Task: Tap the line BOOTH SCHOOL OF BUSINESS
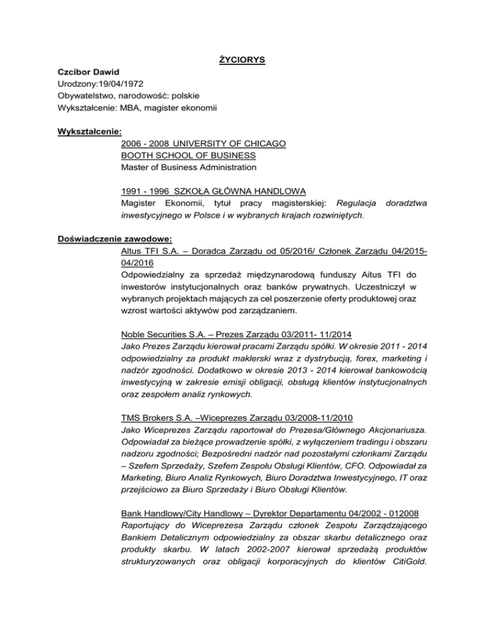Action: [188, 155]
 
